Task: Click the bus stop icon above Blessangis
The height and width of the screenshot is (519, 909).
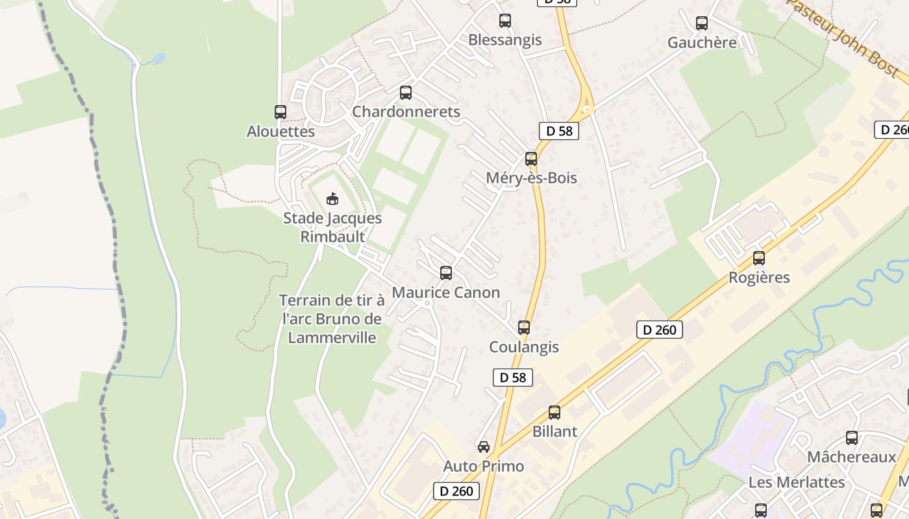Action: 505,21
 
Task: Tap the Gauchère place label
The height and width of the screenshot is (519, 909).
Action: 702,43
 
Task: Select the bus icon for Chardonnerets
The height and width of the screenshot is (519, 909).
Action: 406,93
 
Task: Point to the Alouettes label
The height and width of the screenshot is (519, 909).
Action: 280,132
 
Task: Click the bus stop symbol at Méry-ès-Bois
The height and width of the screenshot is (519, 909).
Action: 531,159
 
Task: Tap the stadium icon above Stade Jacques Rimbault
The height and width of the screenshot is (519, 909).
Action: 332,199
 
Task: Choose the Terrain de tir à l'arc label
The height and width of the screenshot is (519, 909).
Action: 332,319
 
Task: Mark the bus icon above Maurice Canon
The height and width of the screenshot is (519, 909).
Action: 445,273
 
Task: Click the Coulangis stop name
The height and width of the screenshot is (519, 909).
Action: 523,347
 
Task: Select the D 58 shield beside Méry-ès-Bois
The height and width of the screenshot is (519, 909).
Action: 558,131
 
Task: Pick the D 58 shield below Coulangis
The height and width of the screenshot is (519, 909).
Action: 513,378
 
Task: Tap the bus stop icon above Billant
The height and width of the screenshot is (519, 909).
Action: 554,413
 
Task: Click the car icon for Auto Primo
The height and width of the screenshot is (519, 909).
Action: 484,447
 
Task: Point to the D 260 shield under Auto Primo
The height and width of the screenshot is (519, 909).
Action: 456,491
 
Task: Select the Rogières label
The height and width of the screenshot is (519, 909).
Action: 759,278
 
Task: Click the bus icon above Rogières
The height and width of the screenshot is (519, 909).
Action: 759,258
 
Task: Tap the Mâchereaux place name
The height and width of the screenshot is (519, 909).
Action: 851,457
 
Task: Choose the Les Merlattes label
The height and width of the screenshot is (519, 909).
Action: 797,483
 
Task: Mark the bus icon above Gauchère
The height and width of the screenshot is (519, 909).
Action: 702,23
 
